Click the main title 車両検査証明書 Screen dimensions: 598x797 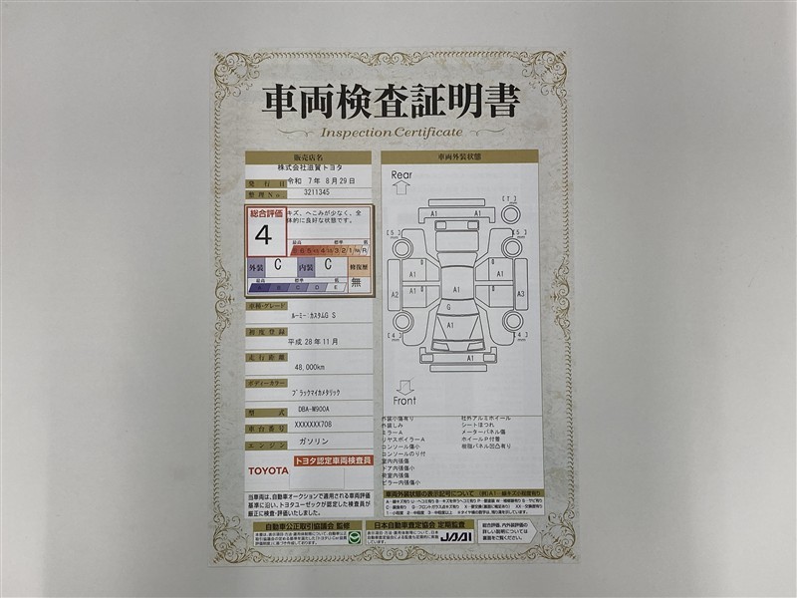coord(391,102)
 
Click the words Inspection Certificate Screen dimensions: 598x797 coord(392,133)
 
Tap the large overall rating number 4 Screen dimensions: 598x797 coord(263,236)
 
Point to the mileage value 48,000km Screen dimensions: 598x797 coord(312,367)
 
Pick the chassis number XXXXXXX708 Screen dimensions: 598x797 coord(312,426)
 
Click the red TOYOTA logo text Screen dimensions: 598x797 coord(268,469)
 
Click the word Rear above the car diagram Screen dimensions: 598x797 coord(401,175)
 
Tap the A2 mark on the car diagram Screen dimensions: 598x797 coord(395,295)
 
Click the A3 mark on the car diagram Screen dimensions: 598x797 coord(520,295)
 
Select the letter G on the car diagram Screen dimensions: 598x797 coord(448,307)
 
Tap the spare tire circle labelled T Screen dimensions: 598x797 coord(510,213)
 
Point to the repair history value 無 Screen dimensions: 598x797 coord(356,282)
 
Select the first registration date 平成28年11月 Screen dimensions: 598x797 coord(312,340)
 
